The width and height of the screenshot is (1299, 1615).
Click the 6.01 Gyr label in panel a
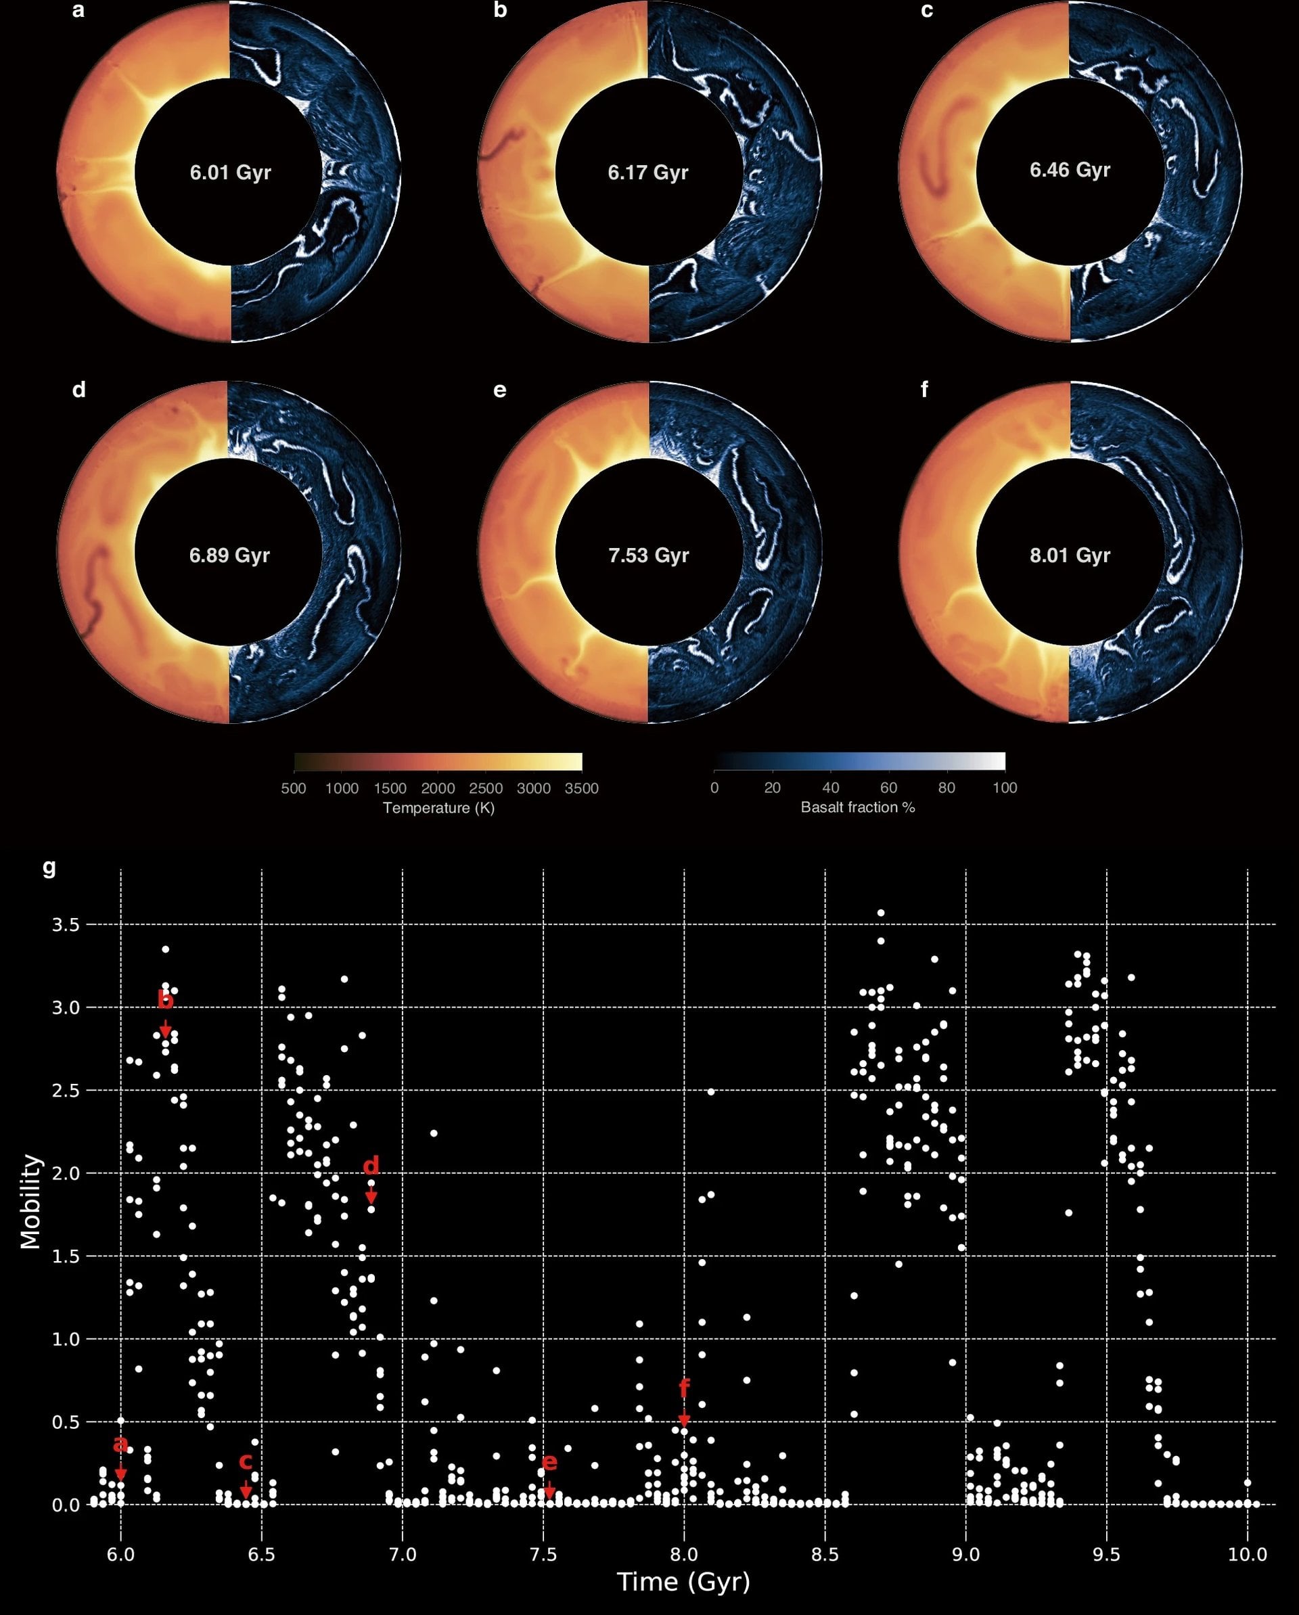[230, 173]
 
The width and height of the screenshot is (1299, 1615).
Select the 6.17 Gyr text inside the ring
[648, 173]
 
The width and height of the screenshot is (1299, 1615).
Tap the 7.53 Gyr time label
[648, 555]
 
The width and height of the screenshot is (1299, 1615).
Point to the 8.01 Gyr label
[1070, 555]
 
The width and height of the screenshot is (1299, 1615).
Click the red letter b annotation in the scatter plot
[166, 1000]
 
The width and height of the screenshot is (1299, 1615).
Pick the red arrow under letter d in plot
[371, 1196]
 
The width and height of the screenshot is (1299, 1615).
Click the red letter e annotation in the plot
[549, 1461]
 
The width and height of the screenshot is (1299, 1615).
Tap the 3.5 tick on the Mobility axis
[65, 924]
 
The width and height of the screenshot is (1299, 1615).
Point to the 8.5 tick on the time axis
[825, 1554]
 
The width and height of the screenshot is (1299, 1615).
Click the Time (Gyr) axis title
[683, 1582]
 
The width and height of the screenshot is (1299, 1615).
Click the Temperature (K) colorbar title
[438, 808]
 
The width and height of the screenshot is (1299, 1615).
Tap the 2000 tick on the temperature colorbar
[438, 788]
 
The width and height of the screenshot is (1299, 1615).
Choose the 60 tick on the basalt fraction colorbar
[888, 788]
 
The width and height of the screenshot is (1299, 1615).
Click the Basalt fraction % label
[858, 806]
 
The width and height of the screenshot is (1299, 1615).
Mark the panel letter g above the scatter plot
[49, 867]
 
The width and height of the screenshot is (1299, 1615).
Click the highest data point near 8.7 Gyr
[881, 912]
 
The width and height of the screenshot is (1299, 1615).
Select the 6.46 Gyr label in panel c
[1070, 170]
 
